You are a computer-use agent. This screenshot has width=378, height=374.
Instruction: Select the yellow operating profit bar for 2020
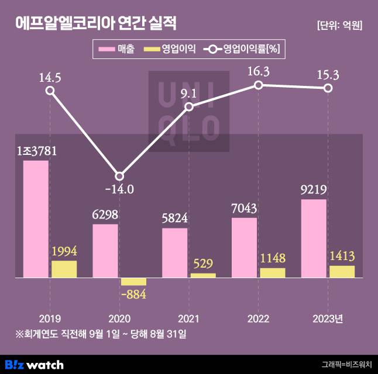pos(133,282)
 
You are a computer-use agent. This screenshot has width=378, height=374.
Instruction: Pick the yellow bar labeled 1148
pos(272,273)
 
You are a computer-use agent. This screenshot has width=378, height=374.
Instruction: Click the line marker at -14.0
pos(119,176)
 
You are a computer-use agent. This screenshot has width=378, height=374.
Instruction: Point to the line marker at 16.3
pos(258,85)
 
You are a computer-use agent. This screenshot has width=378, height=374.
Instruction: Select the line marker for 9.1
pos(189,107)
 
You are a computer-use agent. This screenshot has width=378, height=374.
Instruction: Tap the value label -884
pos(133,294)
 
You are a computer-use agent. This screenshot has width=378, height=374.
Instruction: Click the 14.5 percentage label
pos(50,76)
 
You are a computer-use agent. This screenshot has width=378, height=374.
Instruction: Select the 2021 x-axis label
pos(189,318)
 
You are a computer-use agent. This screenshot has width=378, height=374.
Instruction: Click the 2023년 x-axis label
pos(328,318)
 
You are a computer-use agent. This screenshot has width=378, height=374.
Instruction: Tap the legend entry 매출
pos(117,49)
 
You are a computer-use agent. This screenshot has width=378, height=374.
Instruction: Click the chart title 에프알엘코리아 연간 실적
pos(95,23)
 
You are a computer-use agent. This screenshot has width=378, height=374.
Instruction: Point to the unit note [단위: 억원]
pos(339,25)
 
